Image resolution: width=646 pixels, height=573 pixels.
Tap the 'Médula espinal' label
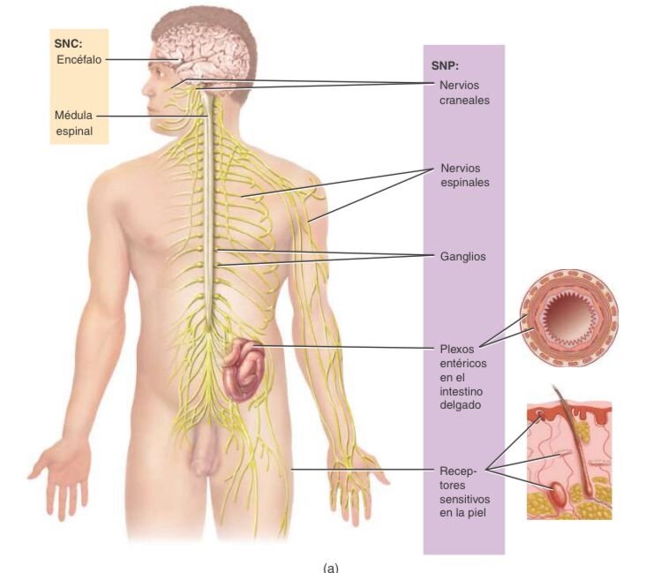(x=74, y=124)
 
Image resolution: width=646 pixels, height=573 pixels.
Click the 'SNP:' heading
(x=445, y=64)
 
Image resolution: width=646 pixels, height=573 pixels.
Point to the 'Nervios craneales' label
(x=464, y=93)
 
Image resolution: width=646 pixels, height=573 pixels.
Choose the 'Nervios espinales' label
(x=464, y=175)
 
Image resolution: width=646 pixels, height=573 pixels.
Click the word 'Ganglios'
(x=462, y=257)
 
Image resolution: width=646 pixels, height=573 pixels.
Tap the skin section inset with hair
(x=569, y=459)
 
